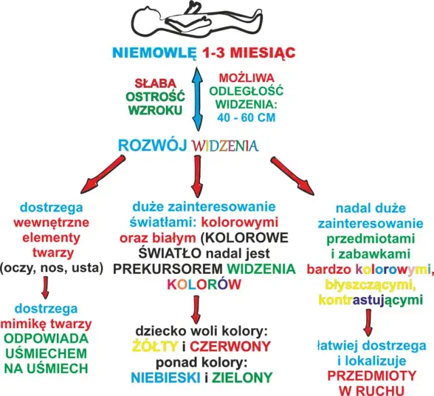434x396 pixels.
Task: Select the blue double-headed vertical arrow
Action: (197, 98)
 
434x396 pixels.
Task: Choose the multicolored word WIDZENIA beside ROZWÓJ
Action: (224, 145)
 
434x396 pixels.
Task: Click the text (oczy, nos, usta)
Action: (52, 267)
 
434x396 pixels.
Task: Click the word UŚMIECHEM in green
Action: (46, 353)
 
